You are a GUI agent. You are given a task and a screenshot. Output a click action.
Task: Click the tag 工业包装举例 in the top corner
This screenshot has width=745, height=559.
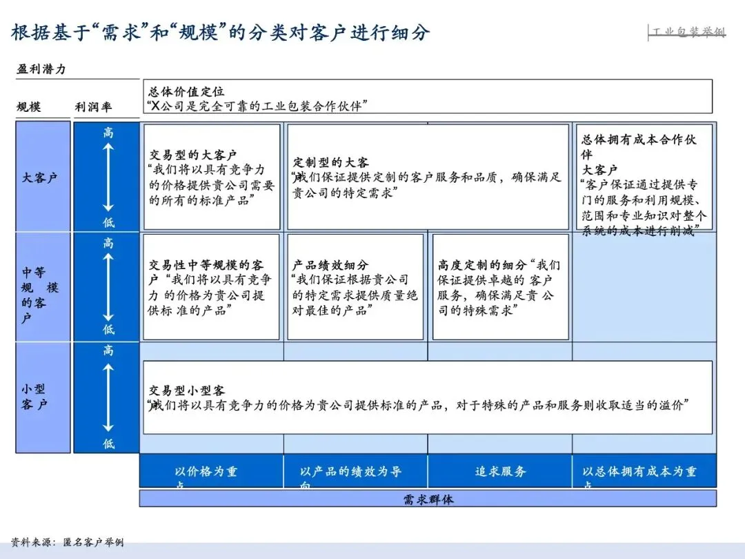tap(688, 32)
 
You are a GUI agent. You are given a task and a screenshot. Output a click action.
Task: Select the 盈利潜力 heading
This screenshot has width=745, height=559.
tap(41, 69)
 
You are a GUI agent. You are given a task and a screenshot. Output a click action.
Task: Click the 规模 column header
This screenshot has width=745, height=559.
tap(29, 107)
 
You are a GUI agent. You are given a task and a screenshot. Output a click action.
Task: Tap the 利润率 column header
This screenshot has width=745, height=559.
tap(93, 107)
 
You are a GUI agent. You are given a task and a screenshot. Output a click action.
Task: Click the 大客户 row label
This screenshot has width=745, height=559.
tap(40, 177)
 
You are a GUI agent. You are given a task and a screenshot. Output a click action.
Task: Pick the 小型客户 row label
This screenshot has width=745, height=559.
tap(34, 397)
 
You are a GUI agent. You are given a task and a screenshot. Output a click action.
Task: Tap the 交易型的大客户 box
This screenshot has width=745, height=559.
tap(212, 177)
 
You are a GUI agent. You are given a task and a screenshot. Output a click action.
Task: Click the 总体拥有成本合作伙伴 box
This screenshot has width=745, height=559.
tap(644, 177)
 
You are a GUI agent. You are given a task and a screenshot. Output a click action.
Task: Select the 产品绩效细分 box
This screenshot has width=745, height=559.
tap(355, 287)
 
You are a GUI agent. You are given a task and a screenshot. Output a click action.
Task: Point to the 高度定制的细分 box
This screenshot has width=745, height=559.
tap(500, 287)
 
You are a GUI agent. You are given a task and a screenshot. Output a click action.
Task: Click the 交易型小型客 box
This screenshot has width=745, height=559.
tap(427, 398)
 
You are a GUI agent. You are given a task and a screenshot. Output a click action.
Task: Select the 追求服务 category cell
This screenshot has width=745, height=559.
tap(500, 472)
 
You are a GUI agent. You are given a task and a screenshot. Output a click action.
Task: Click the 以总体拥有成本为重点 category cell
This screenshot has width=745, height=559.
tap(644, 472)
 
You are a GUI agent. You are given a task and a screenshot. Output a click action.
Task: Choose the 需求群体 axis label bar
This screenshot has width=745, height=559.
tap(428, 499)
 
